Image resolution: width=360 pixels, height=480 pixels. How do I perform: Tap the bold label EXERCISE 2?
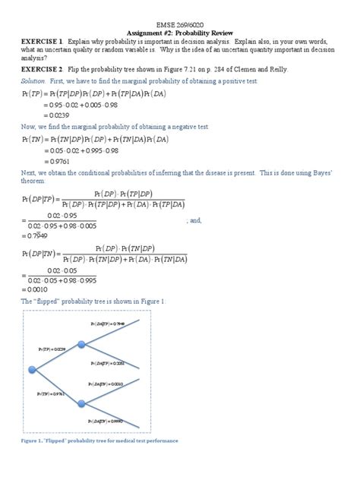click(41, 67)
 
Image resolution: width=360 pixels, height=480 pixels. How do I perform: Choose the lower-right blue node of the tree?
click(81, 405)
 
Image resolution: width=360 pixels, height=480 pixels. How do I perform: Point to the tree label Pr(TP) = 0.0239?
click(51, 349)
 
